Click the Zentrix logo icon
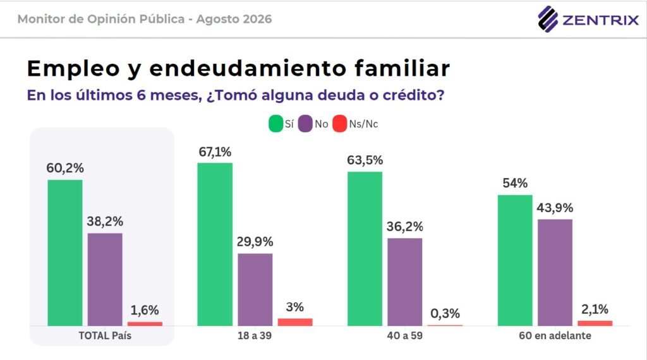pos(548,19)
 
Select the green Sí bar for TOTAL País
pos(65,253)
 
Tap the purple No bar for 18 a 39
pos(255,289)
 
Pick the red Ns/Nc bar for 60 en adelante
pos(595,323)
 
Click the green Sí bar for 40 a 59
pos(365,249)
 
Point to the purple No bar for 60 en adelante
pos(555,273)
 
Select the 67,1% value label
pos(215,152)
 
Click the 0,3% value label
pos(445,314)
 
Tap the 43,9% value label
pos(555,208)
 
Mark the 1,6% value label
pos(145,310)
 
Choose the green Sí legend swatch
pos(275,124)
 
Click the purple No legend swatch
pos(305,124)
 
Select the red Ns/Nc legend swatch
pos(339,124)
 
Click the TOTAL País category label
pos(105,335)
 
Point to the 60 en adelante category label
pos(555,335)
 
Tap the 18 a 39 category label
pos(255,335)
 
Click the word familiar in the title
pos(402,68)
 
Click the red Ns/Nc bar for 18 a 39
pos(295,322)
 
